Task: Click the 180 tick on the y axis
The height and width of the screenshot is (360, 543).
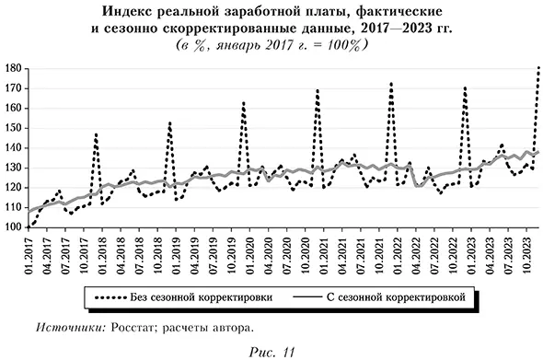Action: tap(12, 69)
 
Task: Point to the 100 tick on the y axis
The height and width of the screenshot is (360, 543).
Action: tap(12, 226)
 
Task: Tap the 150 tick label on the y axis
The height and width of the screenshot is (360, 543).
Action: tap(12, 128)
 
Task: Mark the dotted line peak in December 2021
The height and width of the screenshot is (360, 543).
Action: tap(391, 84)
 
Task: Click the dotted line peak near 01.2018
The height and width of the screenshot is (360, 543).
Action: tap(97, 135)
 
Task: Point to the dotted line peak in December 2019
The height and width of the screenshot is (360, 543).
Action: tap(244, 103)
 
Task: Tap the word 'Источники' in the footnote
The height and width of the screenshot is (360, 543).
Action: tap(74, 328)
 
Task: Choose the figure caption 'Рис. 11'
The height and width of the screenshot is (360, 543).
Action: tap(271, 351)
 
